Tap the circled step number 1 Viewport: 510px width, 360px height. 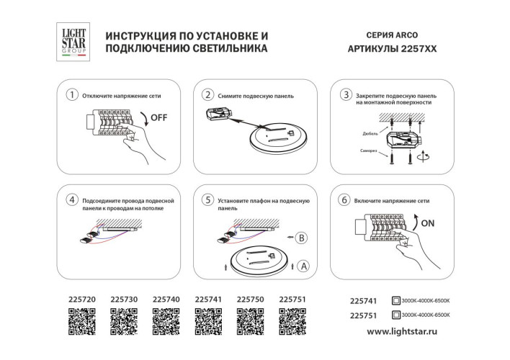click(x=71, y=95)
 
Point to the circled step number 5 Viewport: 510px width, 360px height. click(x=207, y=199)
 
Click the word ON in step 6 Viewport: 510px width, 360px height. click(x=428, y=223)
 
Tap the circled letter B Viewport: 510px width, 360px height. click(x=302, y=236)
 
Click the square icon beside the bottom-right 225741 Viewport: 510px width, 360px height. click(x=395, y=300)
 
